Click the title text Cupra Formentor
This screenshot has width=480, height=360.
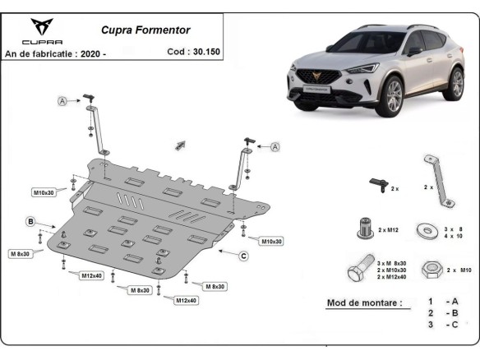pyautogui.click(x=145, y=30)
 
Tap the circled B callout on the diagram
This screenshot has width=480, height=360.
pyautogui.click(x=30, y=222)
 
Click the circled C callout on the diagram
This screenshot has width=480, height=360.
pyautogui.click(x=243, y=256)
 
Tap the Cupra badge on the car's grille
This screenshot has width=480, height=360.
pyautogui.click(x=312, y=80)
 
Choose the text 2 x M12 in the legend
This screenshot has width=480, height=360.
pyautogui.click(x=391, y=228)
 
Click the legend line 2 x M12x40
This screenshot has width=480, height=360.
pyautogui.click(x=393, y=278)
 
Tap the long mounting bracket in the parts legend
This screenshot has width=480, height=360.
pyautogui.click(x=436, y=178)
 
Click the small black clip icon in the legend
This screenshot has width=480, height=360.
pyautogui.click(x=377, y=184)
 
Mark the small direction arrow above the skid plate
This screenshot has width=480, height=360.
pyautogui.click(x=180, y=145)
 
